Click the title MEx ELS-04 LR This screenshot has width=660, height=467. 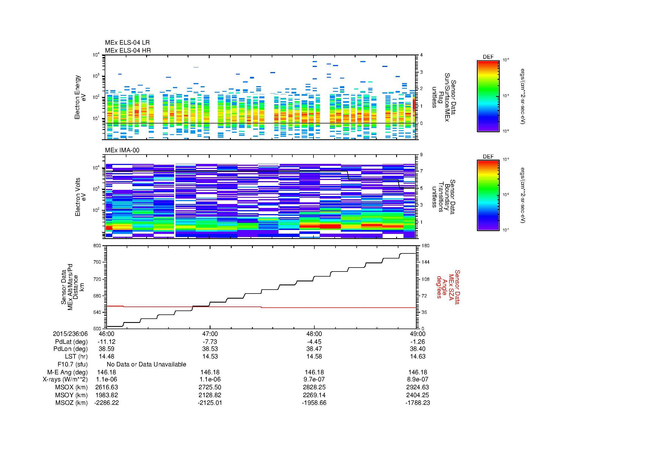pyautogui.click(x=127, y=43)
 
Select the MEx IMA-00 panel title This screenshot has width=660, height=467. pyautogui.click(x=122, y=150)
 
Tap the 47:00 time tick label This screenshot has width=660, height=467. pyautogui.click(x=210, y=334)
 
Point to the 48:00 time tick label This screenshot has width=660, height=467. pyautogui.click(x=314, y=334)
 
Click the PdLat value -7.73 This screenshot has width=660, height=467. pyautogui.click(x=210, y=342)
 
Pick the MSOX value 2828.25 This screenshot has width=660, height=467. pyautogui.click(x=314, y=387)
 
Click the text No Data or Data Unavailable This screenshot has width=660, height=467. pyautogui.click(x=146, y=364)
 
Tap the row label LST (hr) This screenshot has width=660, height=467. pyautogui.click(x=76, y=357)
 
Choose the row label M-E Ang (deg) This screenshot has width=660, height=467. pyautogui.click(x=72, y=372)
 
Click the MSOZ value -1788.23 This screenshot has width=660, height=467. pyautogui.click(x=418, y=403)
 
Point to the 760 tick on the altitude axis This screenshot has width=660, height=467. pyautogui.click(x=97, y=262)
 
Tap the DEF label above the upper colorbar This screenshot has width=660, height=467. pyautogui.click(x=488, y=57)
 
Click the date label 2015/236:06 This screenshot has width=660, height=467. pyautogui.click(x=70, y=334)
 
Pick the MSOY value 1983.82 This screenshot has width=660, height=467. pyautogui.click(x=106, y=395)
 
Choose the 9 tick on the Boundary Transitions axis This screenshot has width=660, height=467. pyautogui.click(x=421, y=155)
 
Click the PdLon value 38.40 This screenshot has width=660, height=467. pyautogui.click(x=418, y=349)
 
